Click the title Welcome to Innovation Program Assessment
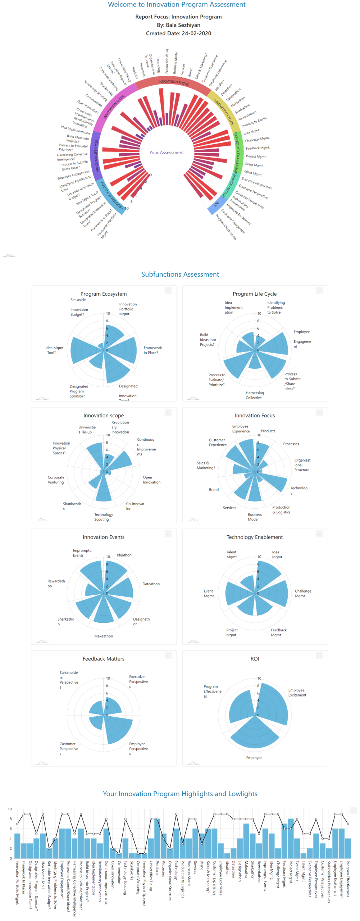pyautogui.click(x=177, y=5)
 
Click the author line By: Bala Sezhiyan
pyautogui.click(x=178, y=25)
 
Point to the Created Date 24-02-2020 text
pyautogui.click(x=178, y=33)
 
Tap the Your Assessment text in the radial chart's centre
pyautogui.click(x=166, y=153)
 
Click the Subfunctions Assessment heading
pyautogui.click(x=180, y=274)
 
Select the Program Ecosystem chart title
pyautogui.click(x=103, y=294)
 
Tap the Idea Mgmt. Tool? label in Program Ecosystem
pyautogui.click(x=54, y=350)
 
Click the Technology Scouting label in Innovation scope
pyautogui.click(x=103, y=517)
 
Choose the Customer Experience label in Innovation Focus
pyautogui.click(x=217, y=442)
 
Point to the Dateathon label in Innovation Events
pyautogui.click(x=151, y=584)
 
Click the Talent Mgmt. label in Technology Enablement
pyautogui.click(x=232, y=554)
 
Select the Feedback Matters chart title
pyautogui.click(x=103, y=658)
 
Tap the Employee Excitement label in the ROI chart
pyautogui.click(x=297, y=692)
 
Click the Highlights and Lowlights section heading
pyautogui.click(x=180, y=794)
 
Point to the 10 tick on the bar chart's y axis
pyautogui.click(x=10, y=809)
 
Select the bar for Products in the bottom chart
pyautogui.click(x=157, y=838)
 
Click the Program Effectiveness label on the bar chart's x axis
pyautogui.click(x=347, y=878)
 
